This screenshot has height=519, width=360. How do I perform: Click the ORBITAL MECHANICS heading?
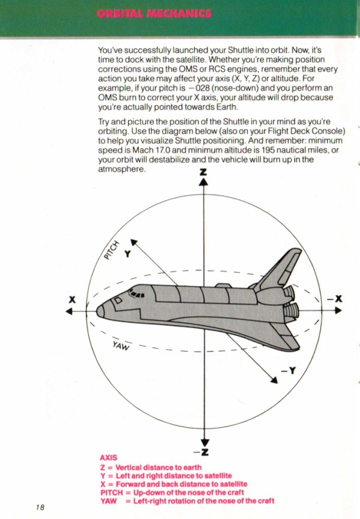(154, 14)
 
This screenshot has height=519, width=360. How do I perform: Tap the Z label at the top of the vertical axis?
(203, 172)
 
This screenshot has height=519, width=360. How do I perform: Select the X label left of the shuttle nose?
(72, 299)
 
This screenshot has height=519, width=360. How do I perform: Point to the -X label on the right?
(335, 299)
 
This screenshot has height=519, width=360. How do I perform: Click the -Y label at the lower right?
(288, 370)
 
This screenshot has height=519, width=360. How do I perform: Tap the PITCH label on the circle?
(111, 250)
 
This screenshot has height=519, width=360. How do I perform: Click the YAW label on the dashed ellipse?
(121, 346)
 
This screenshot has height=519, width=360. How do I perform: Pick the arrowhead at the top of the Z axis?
(203, 182)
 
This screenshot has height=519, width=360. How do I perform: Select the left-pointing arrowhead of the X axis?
(69, 311)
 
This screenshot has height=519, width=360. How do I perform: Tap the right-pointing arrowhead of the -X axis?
(338, 310)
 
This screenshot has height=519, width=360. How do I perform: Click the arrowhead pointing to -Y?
(274, 380)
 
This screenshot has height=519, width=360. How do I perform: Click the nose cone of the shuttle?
(101, 311)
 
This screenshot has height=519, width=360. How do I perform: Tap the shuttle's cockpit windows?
(136, 293)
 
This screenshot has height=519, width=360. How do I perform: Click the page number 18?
(40, 507)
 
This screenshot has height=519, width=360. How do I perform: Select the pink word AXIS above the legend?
(109, 458)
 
